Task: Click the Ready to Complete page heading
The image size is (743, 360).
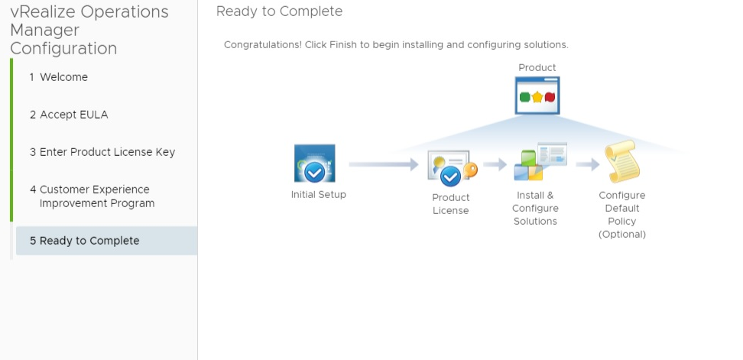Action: [279, 11]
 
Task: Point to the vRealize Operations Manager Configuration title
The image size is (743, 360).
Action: [89, 31]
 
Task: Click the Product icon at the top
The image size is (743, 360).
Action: [537, 96]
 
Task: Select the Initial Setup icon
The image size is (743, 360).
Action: [314, 164]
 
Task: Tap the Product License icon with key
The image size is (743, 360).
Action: [452, 169]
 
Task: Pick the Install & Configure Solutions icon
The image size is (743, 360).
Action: [540, 162]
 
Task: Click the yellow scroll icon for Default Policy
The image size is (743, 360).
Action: [621, 162]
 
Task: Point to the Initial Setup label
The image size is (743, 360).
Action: [319, 195]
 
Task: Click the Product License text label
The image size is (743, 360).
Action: [451, 204]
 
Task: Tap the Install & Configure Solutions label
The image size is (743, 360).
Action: [535, 208]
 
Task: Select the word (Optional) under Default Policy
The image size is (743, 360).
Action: [622, 235]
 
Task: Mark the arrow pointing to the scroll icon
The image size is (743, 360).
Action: [588, 164]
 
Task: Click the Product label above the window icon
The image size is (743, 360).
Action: [537, 68]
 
